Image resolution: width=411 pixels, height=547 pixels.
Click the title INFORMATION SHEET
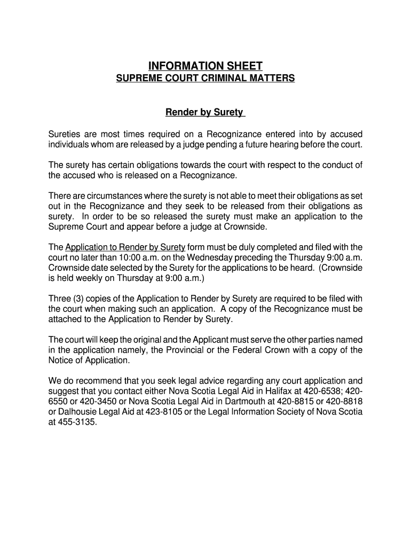[x=205, y=66]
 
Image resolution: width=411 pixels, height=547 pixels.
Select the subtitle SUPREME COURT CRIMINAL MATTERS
[x=205, y=79]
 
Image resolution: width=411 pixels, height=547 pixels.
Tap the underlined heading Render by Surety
[x=205, y=113]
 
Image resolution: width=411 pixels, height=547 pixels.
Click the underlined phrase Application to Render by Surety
[x=125, y=247]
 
